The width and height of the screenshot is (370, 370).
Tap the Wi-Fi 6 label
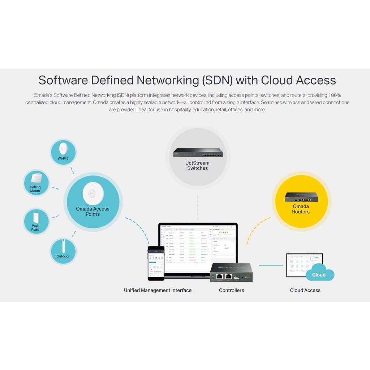(x=63, y=158)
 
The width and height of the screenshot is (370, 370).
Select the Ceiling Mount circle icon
(x=36, y=183)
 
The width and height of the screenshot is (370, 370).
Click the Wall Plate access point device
(x=36, y=218)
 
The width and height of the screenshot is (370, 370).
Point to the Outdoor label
(x=63, y=256)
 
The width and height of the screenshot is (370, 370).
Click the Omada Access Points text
(x=92, y=211)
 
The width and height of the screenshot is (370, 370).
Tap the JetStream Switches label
(x=198, y=165)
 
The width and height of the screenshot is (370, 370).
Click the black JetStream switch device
(x=198, y=152)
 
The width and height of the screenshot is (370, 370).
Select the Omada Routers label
(x=301, y=209)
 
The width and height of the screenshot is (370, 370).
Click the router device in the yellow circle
(x=301, y=197)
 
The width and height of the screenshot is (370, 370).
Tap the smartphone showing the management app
(x=156, y=263)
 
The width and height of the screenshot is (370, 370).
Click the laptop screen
(x=198, y=246)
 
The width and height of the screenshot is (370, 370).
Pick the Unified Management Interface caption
(x=158, y=290)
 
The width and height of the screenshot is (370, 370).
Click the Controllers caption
(x=231, y=290)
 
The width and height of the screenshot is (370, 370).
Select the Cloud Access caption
(x=305, y=290)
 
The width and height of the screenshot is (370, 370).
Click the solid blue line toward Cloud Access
(x=271, y=265)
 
